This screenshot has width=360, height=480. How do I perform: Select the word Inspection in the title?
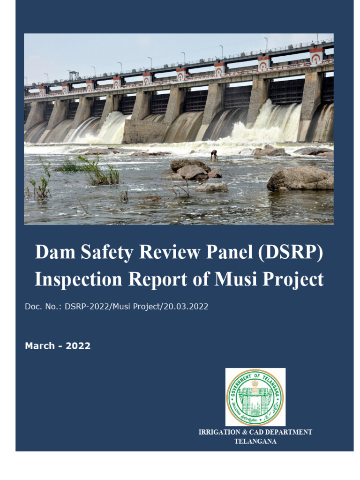point(77,279)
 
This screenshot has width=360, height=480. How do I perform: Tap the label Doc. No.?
point(43,307)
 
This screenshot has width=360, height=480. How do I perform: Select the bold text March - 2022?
point(58,346)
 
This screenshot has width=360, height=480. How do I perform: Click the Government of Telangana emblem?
point(255,397)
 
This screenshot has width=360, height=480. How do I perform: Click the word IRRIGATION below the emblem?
point(221,432)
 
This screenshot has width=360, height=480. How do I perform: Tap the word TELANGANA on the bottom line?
point(255,442)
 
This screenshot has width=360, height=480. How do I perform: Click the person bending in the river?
point(214,155)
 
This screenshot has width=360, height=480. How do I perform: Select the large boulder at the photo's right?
point(300,179)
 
